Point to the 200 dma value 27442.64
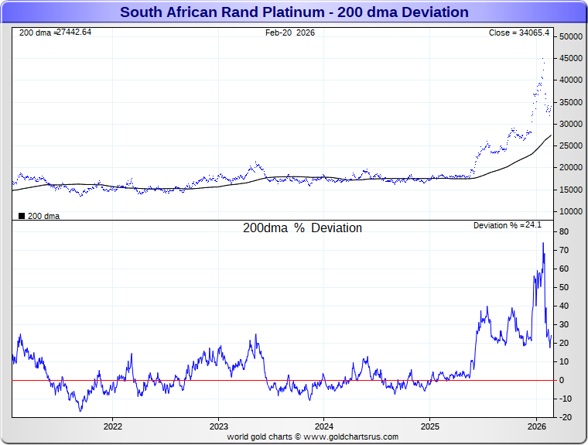tap(73, 32)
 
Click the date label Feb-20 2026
tap(290, 33)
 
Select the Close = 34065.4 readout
tap(519, 33)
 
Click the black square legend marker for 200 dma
tap(22, 216)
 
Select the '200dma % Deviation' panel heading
tap(303, 228)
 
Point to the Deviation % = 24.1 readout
tap(508, 225)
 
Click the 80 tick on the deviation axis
tap(565, 231)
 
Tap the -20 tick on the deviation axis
tap(565, 417)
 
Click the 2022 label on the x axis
tap(113, 426)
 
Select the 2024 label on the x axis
tap(324, 426)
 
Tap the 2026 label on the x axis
tap(536, 426)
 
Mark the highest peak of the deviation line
tap(542, 243)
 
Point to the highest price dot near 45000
tap(543, 58)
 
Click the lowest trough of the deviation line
tap(80, 410)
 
